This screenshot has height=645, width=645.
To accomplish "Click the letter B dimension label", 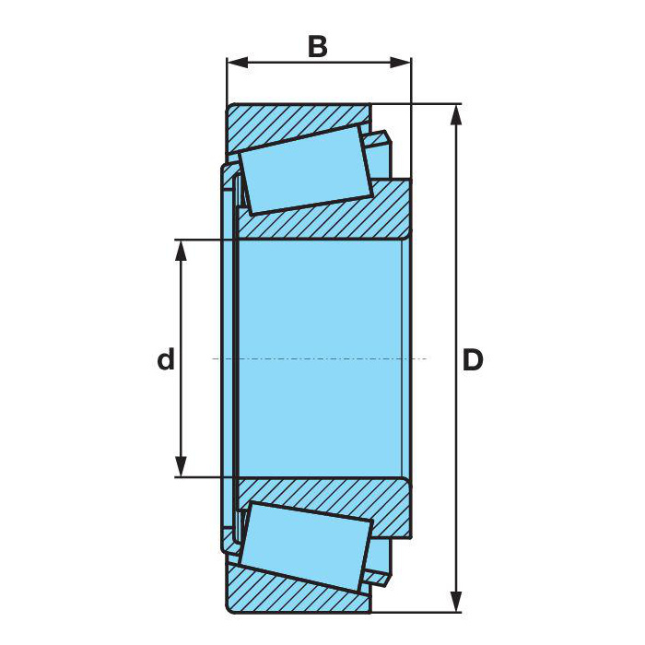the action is tap(318, 47).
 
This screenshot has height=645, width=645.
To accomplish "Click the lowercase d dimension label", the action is tap(166, 358).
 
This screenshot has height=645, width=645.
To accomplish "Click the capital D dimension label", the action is tap(473, 360).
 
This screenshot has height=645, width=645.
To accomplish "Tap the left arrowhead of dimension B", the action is tap(238, 63).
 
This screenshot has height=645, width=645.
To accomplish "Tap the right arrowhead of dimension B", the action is tap(400, 63).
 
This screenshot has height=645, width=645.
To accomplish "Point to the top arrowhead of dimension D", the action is tap(456, 114).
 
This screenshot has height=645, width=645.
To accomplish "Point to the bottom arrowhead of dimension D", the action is tap(456, 602).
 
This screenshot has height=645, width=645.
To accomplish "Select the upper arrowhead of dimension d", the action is tap(181, 250).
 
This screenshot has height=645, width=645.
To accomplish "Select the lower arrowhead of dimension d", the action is tap(181, 466).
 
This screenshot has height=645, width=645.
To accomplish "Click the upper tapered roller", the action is tap(306, 170).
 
